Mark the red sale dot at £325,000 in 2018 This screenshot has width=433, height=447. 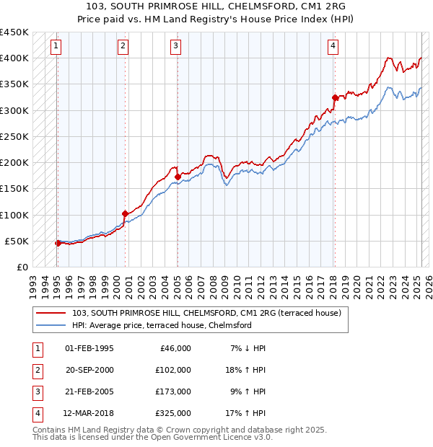coord(335,97)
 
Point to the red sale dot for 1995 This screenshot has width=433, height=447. coord(58,243)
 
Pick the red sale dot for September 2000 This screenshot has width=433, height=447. coord(125,213)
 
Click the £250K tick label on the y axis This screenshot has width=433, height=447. coord(14,136)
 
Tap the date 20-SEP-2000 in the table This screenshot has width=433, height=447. coord(89,370)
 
